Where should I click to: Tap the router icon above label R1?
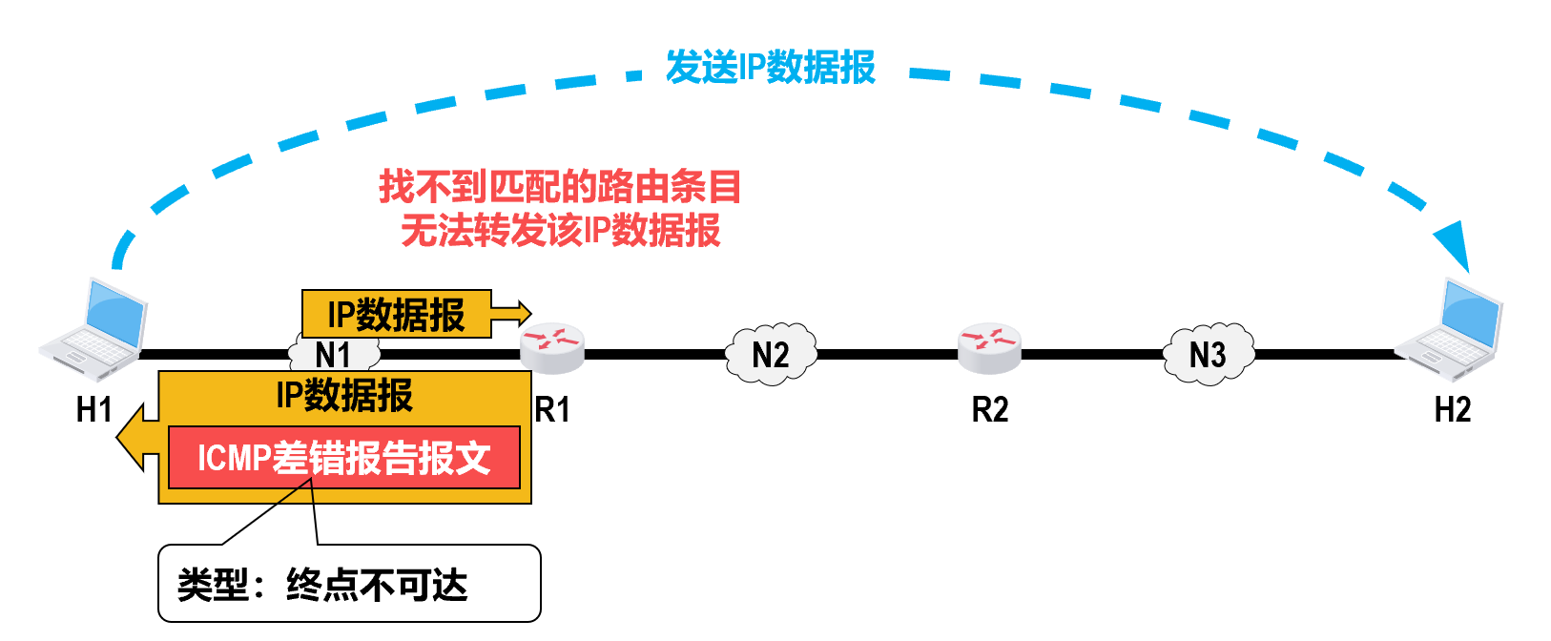pos(551,348)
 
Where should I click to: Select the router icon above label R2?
pos(989,348)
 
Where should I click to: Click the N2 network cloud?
pos(771,355)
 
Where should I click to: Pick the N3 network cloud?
pos(1208,355)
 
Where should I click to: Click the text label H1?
pos(94,410)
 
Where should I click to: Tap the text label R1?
pos(552,410)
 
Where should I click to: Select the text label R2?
pos(990,410)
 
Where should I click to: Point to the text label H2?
pos(1453,410)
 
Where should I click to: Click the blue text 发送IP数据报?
pos(770,68)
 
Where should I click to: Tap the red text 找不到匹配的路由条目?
pos(560,186)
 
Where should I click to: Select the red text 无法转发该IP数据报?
pos(560,231)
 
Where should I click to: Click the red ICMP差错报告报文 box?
pos(343,458)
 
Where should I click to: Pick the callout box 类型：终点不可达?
pos(349,584)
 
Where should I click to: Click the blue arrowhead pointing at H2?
pos(1454,247)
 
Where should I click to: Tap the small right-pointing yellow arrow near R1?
pos(511,313)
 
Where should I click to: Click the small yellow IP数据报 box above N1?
pos(396,314)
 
